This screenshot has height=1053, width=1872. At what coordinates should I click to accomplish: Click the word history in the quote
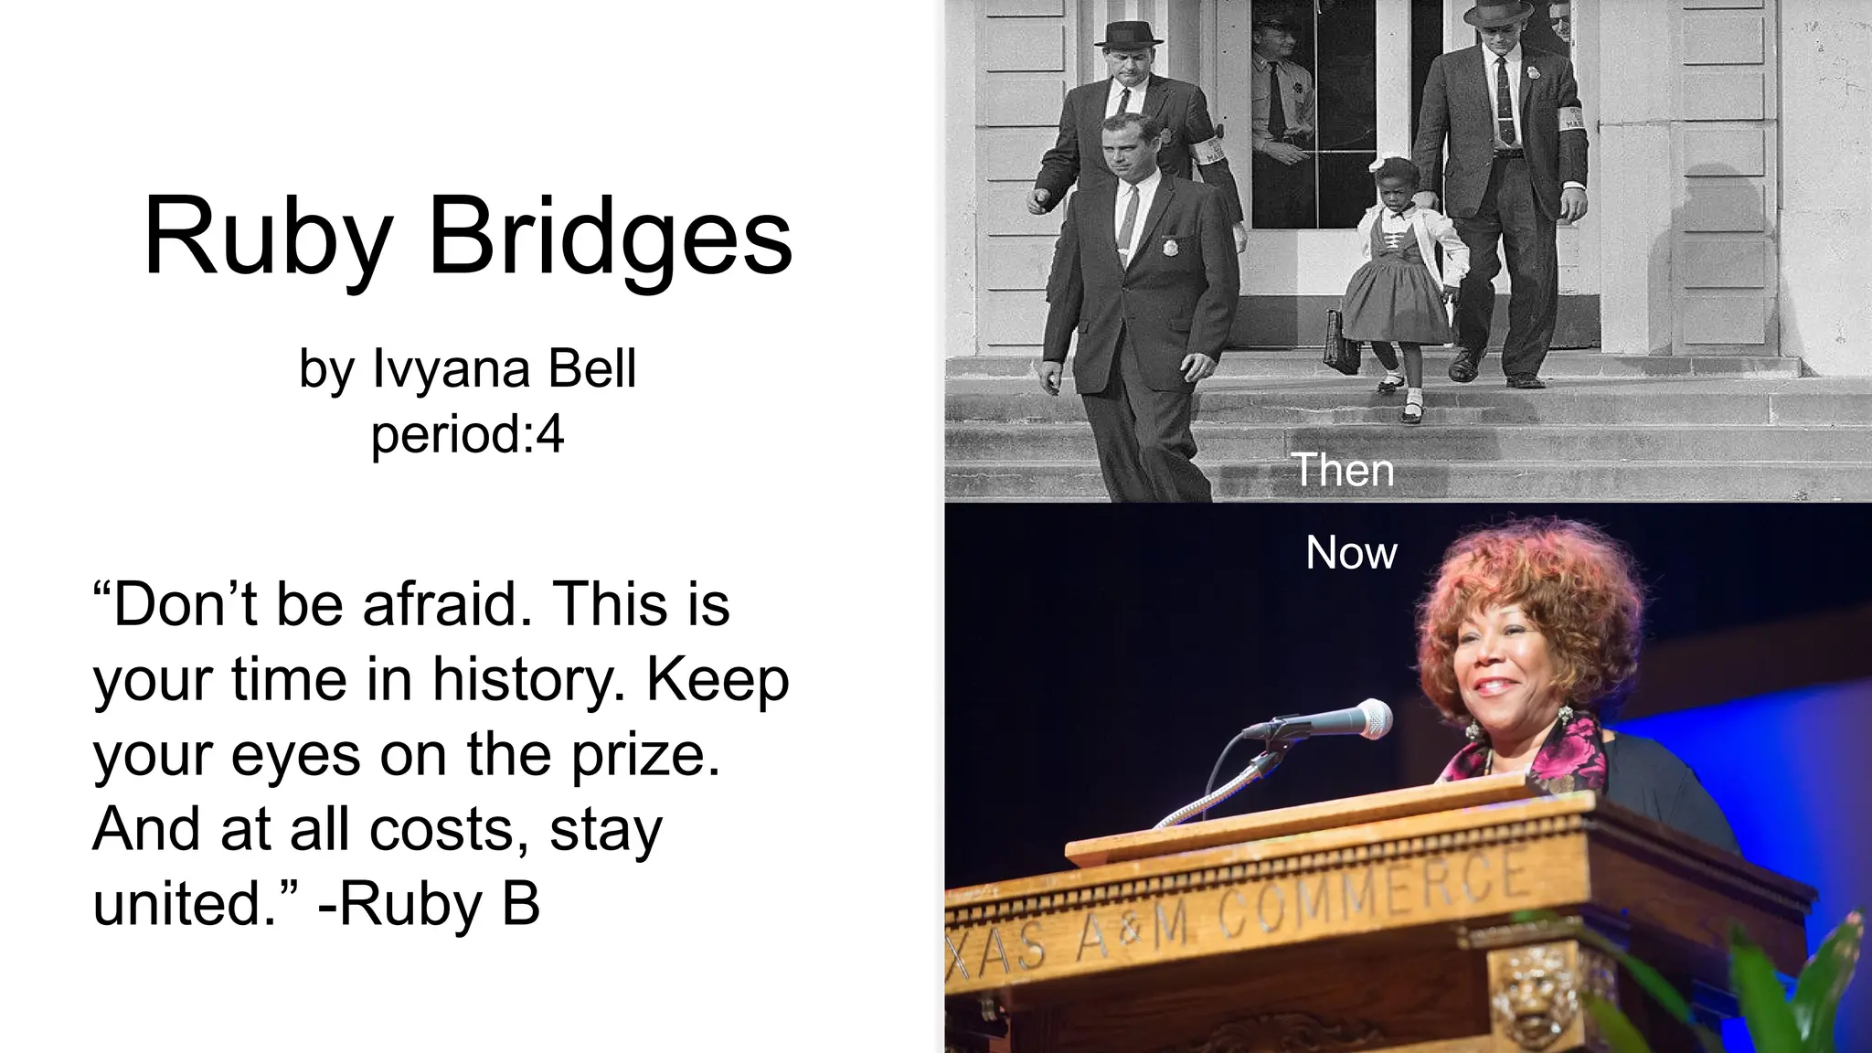[529, 679]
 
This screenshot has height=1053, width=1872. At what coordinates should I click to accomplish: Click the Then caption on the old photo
[1343, 470]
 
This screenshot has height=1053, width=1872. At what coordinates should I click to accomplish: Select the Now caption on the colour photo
[1351, 552]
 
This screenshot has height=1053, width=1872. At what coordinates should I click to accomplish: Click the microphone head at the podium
[1368, 718]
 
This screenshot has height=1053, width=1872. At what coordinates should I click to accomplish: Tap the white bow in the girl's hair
[1379, 164]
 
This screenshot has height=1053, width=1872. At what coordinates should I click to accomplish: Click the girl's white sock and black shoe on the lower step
[1412, 408]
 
